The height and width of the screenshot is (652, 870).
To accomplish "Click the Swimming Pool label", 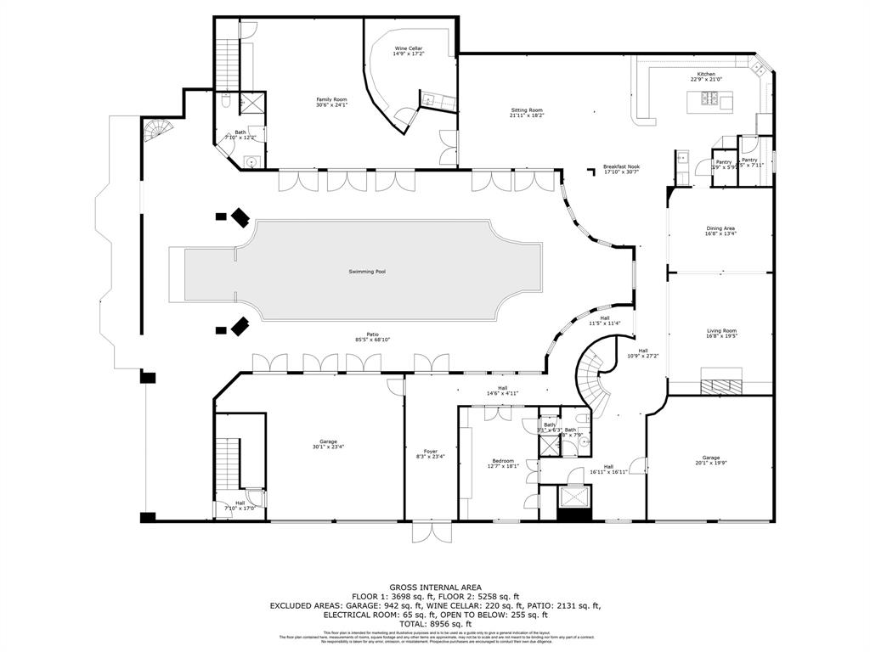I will pos(367,272).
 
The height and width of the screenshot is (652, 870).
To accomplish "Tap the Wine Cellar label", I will pos(408,49).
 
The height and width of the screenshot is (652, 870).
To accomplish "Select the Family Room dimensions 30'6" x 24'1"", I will pos(331,106).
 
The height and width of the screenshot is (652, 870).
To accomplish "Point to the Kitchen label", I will pos(706,75).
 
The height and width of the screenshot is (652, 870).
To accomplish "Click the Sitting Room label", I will pos(526,110).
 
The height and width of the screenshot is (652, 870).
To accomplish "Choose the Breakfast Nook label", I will pos(620,167).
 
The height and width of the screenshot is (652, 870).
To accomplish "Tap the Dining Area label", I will pos(720,228).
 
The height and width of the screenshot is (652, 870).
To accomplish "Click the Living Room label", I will pos(721,331).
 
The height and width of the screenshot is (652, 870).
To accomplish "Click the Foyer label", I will pos(431,451).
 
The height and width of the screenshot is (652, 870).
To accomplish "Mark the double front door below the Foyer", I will pos(432,532).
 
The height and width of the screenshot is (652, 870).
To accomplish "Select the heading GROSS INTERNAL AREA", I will pos(435,587).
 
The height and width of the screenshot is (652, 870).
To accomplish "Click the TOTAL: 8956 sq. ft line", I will pos(435,624).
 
